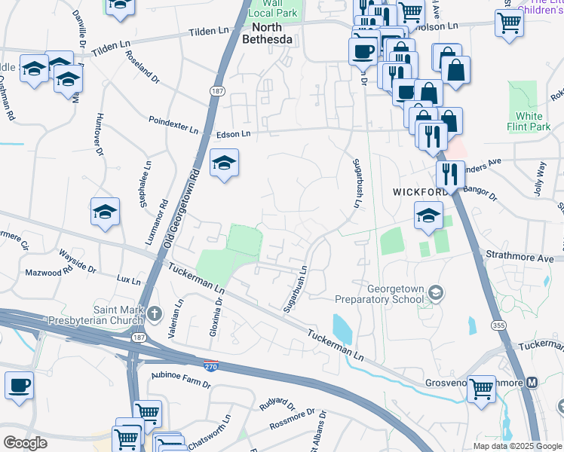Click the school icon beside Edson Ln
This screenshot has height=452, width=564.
[224, 163]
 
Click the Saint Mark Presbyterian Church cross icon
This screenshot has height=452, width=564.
[154, 313]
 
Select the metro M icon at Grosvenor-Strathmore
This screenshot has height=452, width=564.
[532, 383]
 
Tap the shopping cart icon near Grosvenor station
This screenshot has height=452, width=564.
[481, 389]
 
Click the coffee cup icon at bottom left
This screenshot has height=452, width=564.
[20, 386]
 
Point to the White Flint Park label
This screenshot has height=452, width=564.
[529, 121]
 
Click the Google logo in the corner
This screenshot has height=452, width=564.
[25, 443]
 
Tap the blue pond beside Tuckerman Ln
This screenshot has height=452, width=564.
[342, 328]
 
